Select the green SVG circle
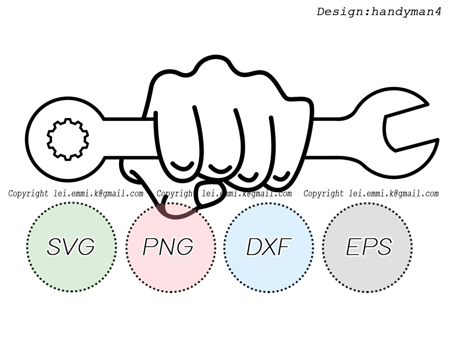pos(71,247)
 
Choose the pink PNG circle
pos(170,247)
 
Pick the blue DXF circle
pos(269,247)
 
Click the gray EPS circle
pos(368,247)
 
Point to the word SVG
pos(70,247)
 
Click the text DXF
pos(268,247)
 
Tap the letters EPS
pos(369,247)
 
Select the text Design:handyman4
pos(379,12)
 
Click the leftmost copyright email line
pos(76,194)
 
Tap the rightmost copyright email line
pos(371,194)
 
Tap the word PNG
pos(168,247)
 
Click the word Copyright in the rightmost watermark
pos(324,194)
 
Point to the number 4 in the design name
pos(437,12)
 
